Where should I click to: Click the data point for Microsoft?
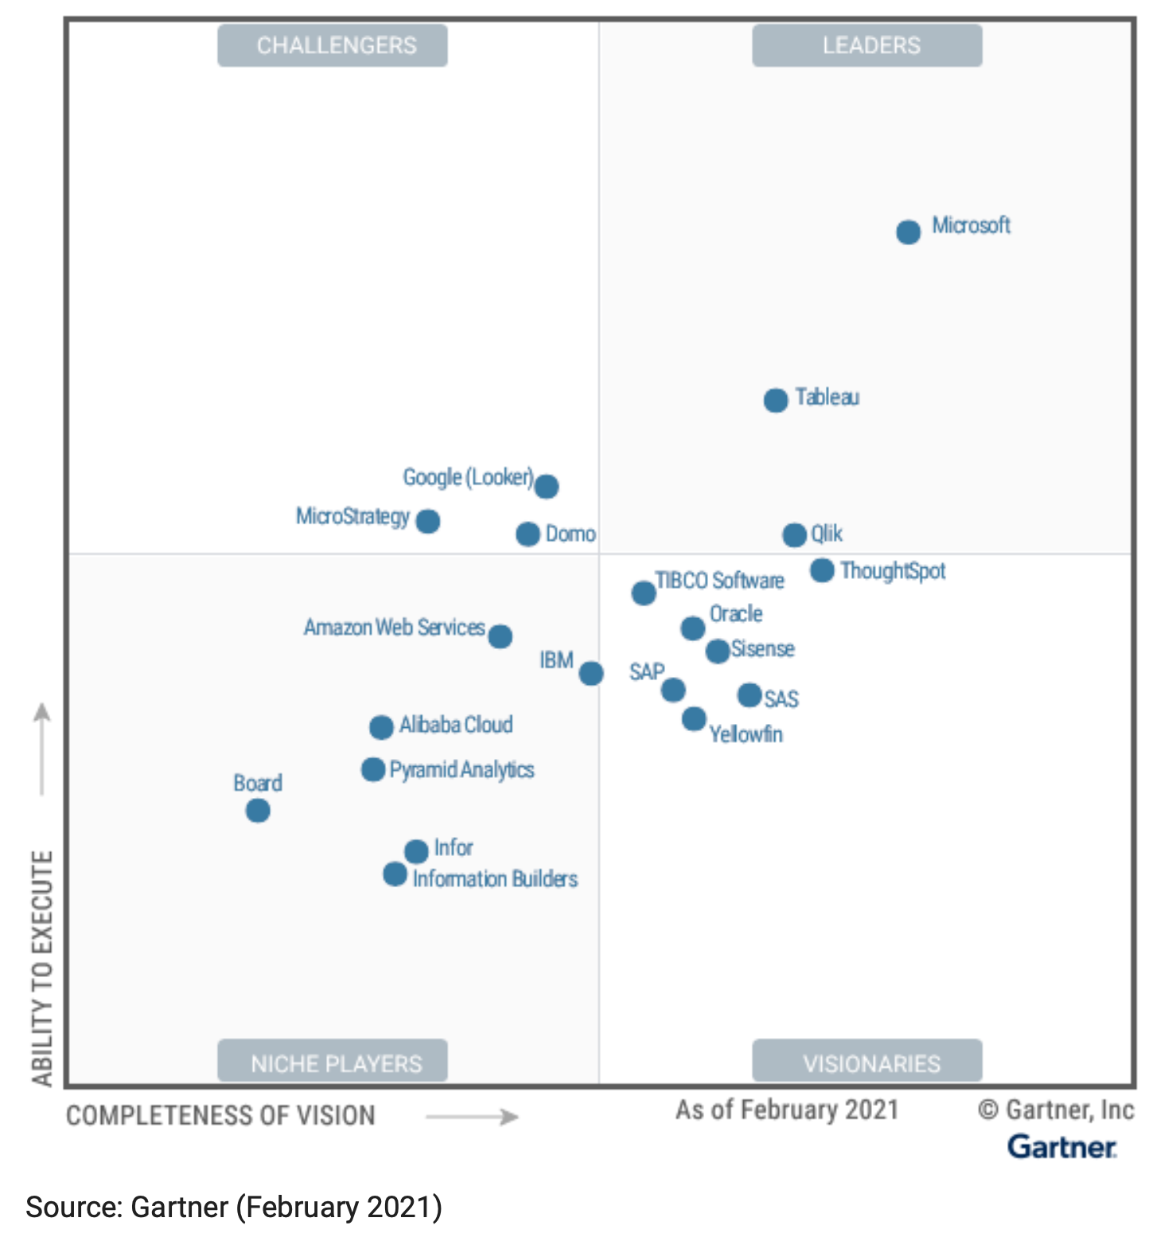[908, 232]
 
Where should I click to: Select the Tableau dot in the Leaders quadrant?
[776, 400]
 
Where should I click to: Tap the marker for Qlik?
[794, 535]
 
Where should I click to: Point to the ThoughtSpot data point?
[822, 570]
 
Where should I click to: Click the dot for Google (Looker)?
[546, 486]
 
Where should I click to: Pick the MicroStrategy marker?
[428, 522]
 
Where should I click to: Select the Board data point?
[258, 811]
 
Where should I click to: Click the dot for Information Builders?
[395, 874]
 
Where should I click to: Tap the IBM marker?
[590, 674]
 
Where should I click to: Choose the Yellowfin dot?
[694, 719]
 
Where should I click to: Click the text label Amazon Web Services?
[395, 628]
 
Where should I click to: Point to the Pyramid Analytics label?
[461, 770]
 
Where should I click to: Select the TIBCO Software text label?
[719, 581]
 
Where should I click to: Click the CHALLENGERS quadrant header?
[333, 45]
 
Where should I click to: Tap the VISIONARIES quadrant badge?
[867, 1063]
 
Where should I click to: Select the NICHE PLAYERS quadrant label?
[333, 1063]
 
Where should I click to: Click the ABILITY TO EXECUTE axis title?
[42, 967]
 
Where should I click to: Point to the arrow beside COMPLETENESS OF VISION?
[472, 1117]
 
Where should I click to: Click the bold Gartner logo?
[1062, 1147]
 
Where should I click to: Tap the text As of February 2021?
[787, 1110]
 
